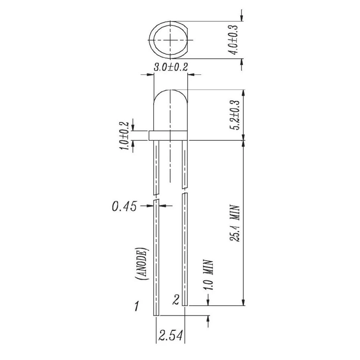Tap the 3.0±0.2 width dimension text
click(171, 67)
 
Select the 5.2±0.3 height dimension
click(236, 115)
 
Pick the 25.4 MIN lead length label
click(235, 223)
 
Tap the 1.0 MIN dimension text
click(208, 275)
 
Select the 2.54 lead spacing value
click(171, 336)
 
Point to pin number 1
click(136, 306)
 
